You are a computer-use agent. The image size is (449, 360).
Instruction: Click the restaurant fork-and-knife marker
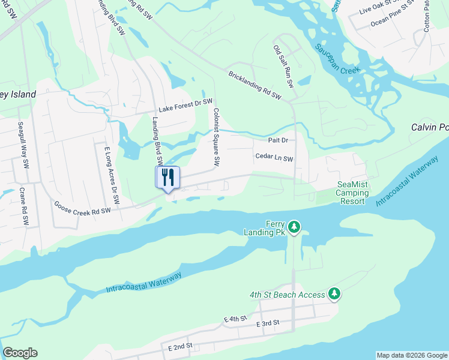pos(168,177)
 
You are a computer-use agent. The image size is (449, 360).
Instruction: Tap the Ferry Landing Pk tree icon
pos(294,226)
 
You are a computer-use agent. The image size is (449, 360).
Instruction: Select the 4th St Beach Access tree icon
pos(334,293)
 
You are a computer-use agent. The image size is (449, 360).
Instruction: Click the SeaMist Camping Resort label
pos(351,193)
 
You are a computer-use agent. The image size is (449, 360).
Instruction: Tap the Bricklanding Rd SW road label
pos(255,85)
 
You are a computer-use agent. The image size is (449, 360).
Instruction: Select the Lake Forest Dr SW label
pos(185,104)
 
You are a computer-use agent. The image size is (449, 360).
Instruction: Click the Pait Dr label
pos(278,140)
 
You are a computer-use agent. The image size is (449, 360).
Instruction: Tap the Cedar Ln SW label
pos(274,158)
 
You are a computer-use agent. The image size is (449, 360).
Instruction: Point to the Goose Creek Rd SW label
pos(82,209)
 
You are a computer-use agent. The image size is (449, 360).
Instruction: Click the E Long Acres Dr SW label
pos(112,174)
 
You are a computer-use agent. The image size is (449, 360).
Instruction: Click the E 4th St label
pos(235,319)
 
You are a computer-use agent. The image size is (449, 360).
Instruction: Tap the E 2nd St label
pos(180,346)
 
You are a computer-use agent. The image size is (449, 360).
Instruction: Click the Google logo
pos(20,353)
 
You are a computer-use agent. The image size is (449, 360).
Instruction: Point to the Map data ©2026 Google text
pos(412,355)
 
